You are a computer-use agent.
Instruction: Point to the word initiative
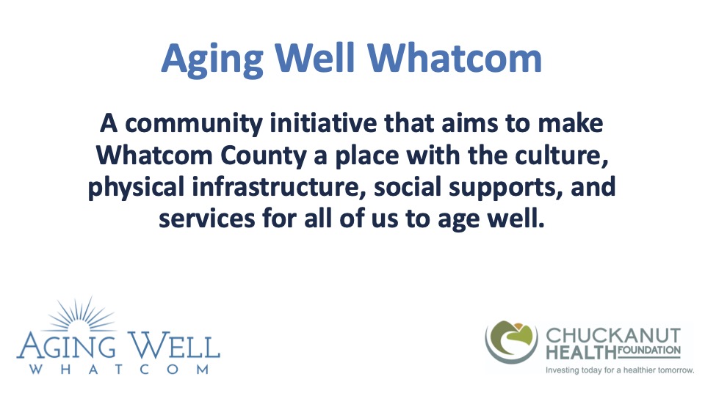[321, 123]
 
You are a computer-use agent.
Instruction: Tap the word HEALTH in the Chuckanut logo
[576, 351]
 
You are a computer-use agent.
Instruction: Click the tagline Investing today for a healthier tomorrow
[619, 370]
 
